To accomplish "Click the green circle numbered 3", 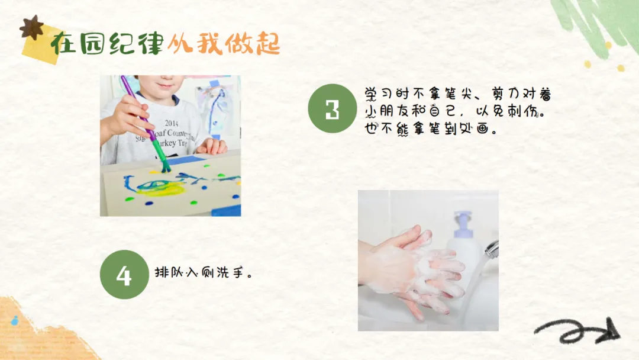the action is pyautogui.click(x=332, y=108).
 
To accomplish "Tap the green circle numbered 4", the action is pyautogui.click(x=124, y=274).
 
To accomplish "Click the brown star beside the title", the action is pyautogui.click(x=32, y=27).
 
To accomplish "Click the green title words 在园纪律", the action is pyautogui.click(x=107, y=44).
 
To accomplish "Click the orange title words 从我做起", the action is pyautogui.click(x=224, y=44).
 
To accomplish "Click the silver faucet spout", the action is pyautogui.click(x=492, y=249).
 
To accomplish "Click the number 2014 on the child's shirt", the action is pyautogui.click(x=172, y=123).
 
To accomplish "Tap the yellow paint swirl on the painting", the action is pyautogui.click(x=161, y=188).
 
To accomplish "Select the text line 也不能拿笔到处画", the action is pyautogui.click(x=430, y=129).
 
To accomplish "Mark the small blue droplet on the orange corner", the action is pyautogui.click(x=15, y=321).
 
